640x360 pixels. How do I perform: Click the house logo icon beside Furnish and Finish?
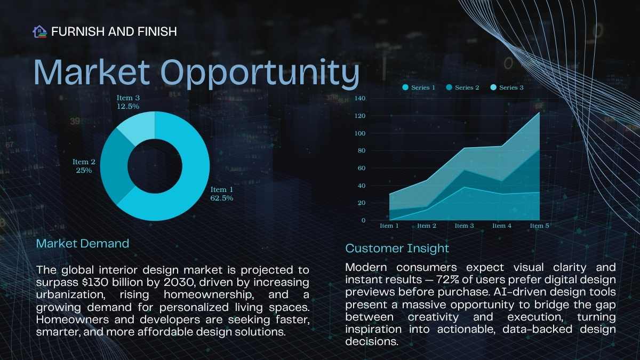tap(39, 31)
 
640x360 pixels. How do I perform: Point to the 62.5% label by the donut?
tap(222, 198)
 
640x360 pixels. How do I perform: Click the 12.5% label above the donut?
tap(128, 106)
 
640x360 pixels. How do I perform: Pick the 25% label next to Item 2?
tap(84, 170)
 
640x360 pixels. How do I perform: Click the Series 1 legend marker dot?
tap(405, 87)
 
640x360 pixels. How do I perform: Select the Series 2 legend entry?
tap(462, 87)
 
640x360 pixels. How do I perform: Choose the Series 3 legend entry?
tap(507, 87)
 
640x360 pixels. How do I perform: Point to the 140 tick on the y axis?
tap(360, 98)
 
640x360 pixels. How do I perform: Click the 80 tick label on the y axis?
tap(362, 150)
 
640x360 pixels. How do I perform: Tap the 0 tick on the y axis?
tap(363, 220)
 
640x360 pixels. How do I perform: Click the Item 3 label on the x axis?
tap(465, 226)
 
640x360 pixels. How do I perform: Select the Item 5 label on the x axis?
tap(539, 226)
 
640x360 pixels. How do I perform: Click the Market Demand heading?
tap(83, 244)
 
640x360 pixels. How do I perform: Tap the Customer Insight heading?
tap(397, 249)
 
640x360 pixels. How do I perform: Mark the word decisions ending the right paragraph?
tap(372, 341)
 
